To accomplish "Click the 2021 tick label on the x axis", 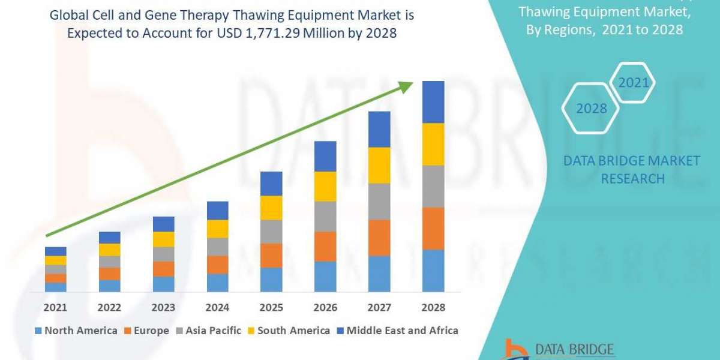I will point(55,307).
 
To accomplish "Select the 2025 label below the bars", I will point(271,307).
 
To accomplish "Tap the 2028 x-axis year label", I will point(433,307).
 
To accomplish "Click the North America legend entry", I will point(76,331).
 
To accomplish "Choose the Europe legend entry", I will point(146,331).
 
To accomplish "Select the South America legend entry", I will point(288,331).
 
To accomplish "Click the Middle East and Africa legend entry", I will point(397,331).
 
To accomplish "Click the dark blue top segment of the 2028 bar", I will point(433,102).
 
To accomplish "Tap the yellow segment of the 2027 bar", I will point(379,165).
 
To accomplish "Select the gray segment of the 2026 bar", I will point(325,217).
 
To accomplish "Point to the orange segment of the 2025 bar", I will point(271,256).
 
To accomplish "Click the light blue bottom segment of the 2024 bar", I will point(217,283).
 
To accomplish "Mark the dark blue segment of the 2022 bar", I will point(109,238).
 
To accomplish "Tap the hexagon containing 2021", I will point(634,83).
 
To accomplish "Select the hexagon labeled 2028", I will point(591,109).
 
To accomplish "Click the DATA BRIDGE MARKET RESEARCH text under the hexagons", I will point(632,169).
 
